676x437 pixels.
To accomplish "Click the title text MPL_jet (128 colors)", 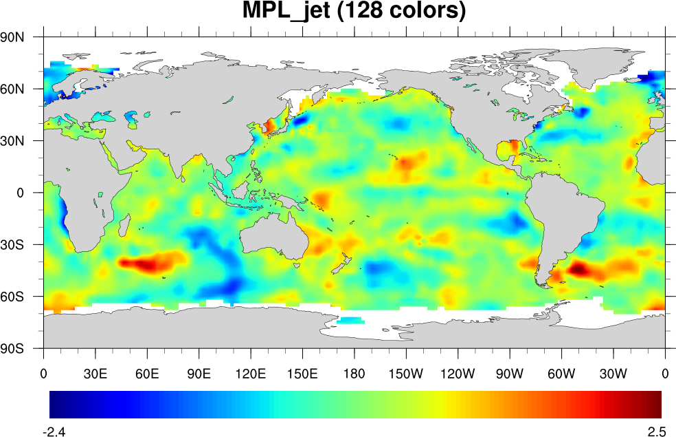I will (354, 11).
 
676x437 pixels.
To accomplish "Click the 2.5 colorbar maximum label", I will (657, 432).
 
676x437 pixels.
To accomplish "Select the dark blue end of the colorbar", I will (55, 405).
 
